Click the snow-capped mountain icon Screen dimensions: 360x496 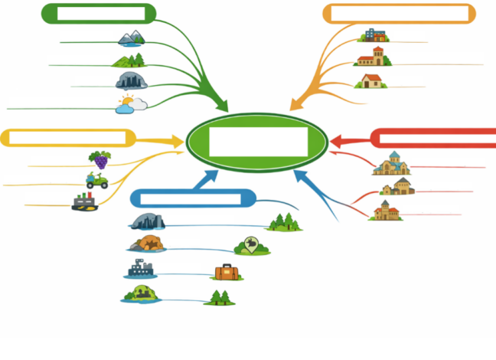point(130,38)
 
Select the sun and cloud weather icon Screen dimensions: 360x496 point(131,106)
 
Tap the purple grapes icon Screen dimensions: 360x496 point(100,159)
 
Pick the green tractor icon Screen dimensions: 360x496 point(96,181)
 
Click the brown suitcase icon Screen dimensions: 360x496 point(227,272)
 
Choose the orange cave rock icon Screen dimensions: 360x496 point(145,244)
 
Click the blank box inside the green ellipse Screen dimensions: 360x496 point(258,142)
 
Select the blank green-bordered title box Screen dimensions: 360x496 point(100,14)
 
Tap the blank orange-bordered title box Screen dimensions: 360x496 point(400,14)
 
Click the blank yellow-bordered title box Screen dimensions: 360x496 point(67,138)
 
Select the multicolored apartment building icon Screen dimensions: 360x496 point(374,35)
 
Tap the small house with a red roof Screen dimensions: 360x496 point(371,80)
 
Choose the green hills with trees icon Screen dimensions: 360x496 point(129,61)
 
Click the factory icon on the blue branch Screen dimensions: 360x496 point(139,270)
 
